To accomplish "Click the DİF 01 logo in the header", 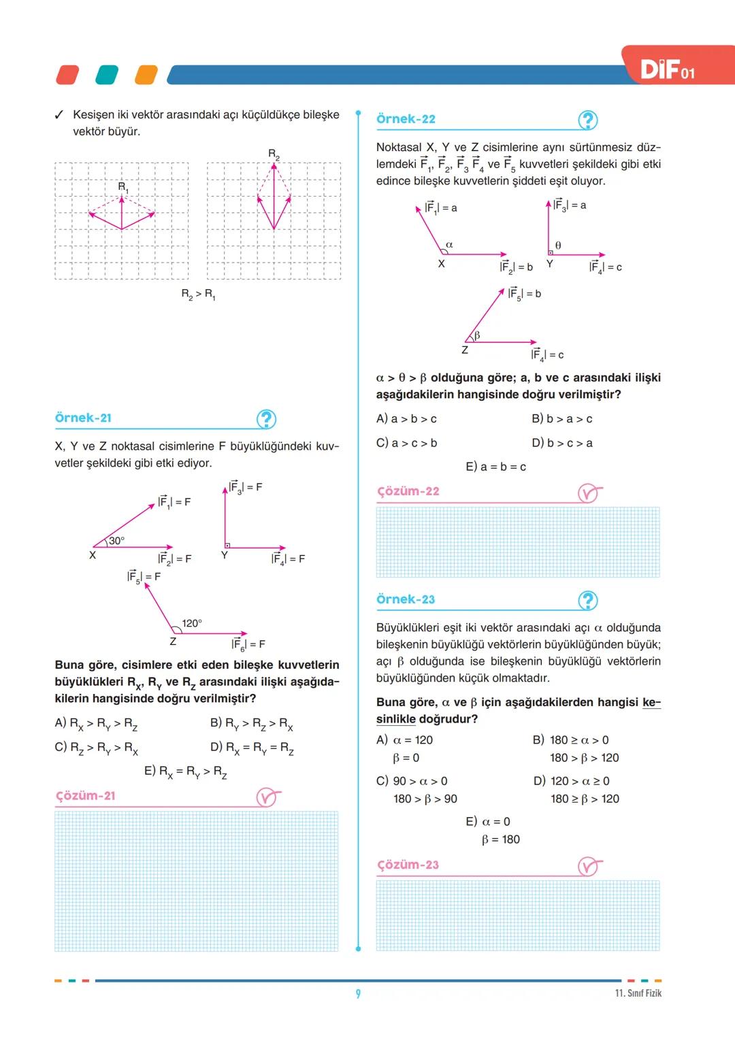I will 668,69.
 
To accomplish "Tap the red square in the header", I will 67,75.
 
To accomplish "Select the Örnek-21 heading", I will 83,418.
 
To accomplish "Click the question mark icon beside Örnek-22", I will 587,120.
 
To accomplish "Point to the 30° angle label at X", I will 116,541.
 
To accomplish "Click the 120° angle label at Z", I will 192,623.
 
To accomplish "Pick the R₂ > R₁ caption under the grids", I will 198,295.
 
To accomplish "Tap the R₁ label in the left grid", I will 122,186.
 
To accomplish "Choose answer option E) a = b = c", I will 495,467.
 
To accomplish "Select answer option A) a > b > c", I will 406,419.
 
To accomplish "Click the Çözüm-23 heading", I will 408,865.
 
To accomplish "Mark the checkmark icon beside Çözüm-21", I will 267,797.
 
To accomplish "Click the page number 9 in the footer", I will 358,994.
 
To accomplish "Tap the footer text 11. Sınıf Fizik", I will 638,993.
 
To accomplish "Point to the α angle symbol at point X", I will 449,244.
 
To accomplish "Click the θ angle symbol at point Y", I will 558,245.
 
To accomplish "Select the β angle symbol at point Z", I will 477,335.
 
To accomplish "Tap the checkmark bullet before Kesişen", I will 59,115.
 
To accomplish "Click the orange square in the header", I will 146,75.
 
